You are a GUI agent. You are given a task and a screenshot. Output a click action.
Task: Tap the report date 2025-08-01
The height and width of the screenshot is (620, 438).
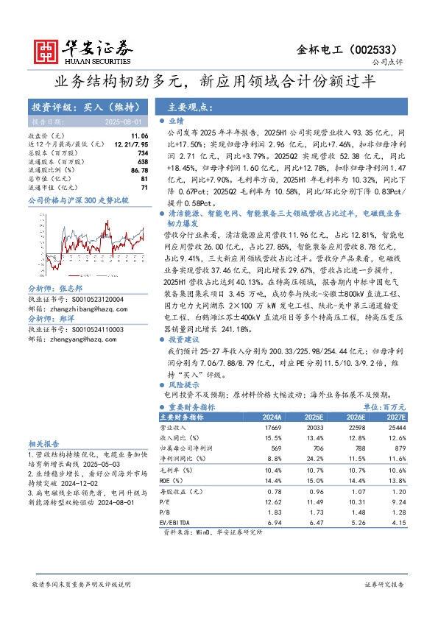tap(125, 121)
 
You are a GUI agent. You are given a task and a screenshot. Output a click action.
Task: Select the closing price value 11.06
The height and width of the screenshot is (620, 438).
tap(139, 136)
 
